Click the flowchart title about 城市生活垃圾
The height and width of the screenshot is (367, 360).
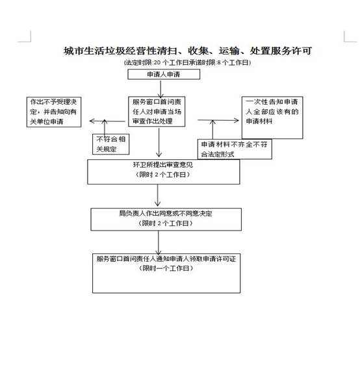188,51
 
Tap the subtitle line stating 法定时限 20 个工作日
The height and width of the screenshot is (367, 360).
187,63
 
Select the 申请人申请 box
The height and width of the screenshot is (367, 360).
164,74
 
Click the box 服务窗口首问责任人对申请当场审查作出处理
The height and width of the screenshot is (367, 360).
157,112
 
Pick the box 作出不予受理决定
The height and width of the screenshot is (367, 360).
54,112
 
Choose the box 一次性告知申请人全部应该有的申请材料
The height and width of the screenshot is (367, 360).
272,118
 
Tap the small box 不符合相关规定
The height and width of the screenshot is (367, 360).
110,144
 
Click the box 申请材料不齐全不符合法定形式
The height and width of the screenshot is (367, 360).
235,149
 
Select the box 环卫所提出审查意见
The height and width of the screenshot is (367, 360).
164,171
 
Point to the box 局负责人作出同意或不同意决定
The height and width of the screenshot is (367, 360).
166,220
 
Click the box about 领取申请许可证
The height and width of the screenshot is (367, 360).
166,273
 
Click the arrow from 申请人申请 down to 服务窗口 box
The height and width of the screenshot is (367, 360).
161,89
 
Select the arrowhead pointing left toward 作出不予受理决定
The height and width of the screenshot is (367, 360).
92,121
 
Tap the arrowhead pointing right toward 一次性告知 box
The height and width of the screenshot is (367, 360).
236,121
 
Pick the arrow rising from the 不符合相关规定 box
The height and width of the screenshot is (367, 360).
105,127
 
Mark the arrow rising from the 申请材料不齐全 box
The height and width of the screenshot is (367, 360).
212,129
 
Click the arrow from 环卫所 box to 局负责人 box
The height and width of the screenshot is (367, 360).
158,196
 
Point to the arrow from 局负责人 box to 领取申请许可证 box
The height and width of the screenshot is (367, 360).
159,243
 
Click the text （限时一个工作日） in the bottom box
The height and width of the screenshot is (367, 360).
166,268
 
